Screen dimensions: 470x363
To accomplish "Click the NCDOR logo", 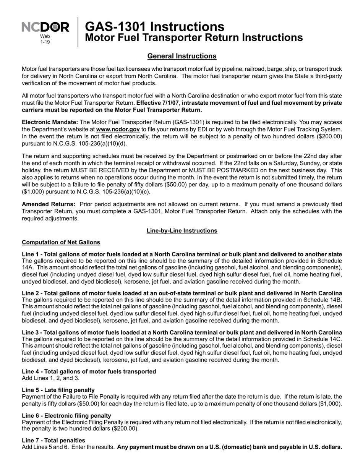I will pyautogui.click(x=45, y=27).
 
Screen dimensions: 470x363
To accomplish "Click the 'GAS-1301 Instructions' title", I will pyautogui.click(x=154, y=26).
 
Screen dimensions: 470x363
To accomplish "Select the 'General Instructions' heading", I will pyautogui.click(x=182, y=56).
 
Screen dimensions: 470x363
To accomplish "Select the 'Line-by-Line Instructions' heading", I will pyautogui.click(x=182, y=231).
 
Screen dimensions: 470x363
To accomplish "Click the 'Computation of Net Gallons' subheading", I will pyautogui.click(x=61, y=242).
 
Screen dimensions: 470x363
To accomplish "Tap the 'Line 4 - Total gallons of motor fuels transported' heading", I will pyautogui.click(x=89, y=371).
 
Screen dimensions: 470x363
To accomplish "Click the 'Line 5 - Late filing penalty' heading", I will pyautogui.click(x=58, y=390).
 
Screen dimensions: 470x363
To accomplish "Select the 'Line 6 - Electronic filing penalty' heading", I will pyautogui.click(x=66, y=415).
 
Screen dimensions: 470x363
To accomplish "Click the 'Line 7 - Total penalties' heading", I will pyautogui.click(x=53, y=440).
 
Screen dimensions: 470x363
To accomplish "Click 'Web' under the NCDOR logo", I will pyautogui.click(x=45, y=36).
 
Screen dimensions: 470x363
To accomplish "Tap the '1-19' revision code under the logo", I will pyautogui.click(x=45, y=42).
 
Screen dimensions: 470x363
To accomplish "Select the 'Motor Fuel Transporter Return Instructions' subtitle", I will pyautogui.click(x=193, y=37).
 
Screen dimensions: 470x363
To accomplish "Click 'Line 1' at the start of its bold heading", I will pyautogui.click(x=30, y=254).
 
